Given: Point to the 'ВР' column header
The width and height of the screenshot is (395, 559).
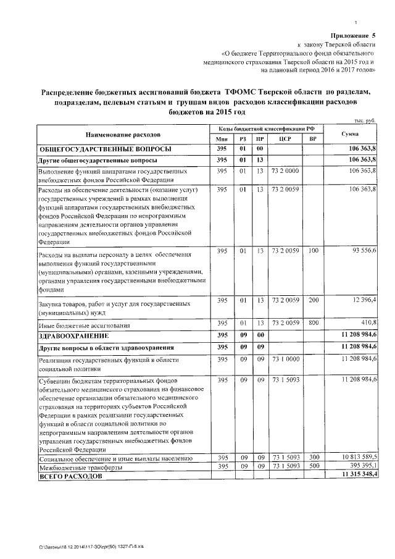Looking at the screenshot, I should tap(313, 139).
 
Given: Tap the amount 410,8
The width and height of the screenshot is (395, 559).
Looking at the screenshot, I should tap(368, 323).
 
